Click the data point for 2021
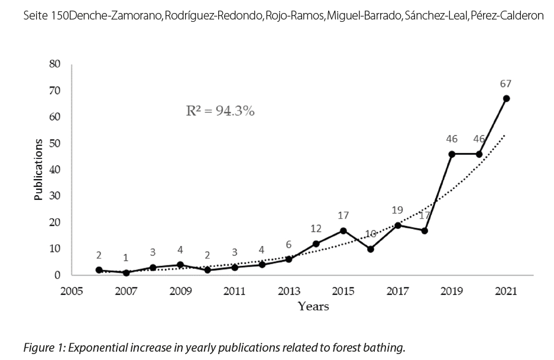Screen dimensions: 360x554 [x=506, y=98]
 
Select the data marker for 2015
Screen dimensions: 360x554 [x=344, y=231]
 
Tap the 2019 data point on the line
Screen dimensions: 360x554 [x=452, y=154]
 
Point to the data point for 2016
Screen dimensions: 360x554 [x=371, y=249]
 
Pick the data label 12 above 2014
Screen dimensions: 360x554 [x=316, y=229]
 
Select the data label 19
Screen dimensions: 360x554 [x=397, y=210]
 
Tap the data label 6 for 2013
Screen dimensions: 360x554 [x=289, y=245]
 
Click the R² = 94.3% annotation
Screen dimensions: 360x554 [x=221, y=111]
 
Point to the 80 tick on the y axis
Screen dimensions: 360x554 [x=54, y=64]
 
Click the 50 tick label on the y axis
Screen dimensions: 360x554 [x=54, y=144]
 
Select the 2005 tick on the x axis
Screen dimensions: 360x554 [x=72, y=292]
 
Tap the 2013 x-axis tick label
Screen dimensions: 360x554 [x=289, y=292]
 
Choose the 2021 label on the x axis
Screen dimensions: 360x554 [x=506, y=292]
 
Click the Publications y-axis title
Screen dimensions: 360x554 [x=38, y=170]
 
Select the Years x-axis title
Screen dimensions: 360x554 [x=313, y=306]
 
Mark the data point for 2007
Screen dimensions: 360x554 [x=126, y=273]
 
